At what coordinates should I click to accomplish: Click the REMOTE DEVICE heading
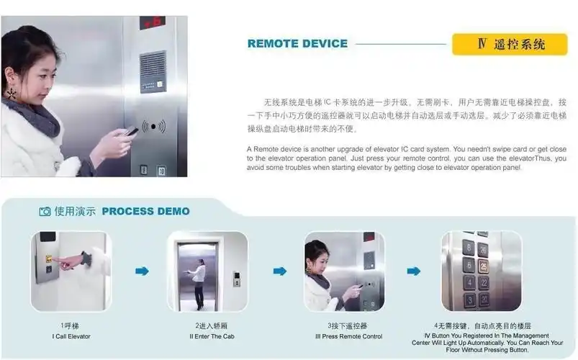297,44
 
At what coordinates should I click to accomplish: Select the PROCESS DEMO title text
145,211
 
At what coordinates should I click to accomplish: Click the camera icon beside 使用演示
45,212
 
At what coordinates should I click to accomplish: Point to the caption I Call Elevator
71,336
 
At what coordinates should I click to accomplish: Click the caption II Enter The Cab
207,336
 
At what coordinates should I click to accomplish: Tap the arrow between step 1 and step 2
142,271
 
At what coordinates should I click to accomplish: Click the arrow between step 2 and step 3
279,271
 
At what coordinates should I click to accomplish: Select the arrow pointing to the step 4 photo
413,271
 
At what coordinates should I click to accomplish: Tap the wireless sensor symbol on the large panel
153,127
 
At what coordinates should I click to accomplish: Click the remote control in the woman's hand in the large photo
131,132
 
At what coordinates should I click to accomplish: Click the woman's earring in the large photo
12,93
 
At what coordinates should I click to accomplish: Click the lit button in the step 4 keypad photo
483,266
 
